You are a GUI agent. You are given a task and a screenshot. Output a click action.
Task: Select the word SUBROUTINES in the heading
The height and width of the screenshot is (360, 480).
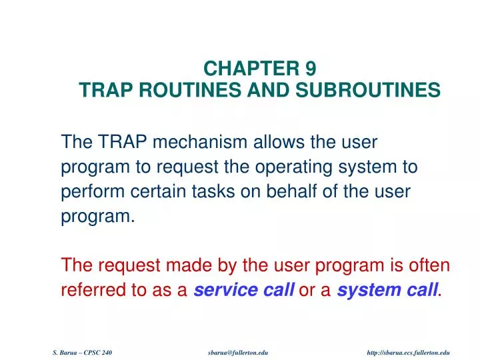[x=375, y=90]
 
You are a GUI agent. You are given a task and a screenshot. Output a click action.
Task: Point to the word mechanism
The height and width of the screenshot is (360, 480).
[x=195, y=143]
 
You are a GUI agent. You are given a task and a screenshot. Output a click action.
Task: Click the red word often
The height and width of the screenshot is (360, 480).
[x=430, y=265]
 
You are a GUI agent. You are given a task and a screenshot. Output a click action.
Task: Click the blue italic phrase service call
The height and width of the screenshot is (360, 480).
[x=245, y=289]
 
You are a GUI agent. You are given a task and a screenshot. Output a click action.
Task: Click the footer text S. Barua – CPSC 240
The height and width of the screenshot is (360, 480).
[x=81, y=351]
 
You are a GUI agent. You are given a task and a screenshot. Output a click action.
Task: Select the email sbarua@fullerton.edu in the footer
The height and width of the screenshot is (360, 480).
[x=238, y=351]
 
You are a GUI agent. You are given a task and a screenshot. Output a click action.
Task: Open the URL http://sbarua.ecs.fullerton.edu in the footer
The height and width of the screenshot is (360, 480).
[x=409, y=351]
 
